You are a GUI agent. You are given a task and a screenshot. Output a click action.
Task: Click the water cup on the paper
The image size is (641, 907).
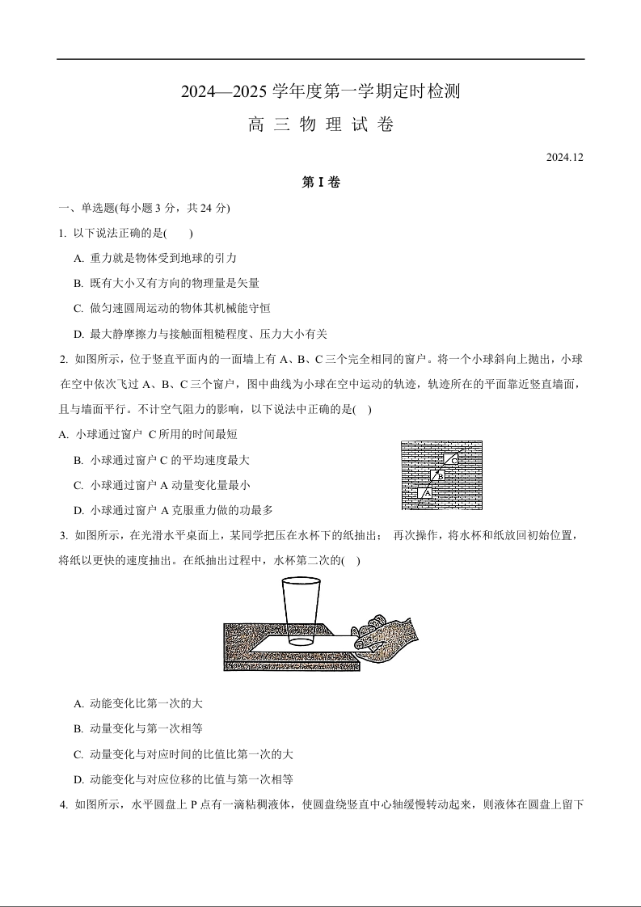301,610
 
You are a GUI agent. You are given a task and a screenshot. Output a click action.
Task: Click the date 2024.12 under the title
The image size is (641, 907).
564,157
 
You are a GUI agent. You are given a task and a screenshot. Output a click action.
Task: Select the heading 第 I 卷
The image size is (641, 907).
321,183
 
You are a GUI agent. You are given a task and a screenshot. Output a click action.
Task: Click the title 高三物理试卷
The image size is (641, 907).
321,125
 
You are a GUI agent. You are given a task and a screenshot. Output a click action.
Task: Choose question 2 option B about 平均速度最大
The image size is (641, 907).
162,460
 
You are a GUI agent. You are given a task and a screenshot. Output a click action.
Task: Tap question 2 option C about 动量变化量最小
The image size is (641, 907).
162,485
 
